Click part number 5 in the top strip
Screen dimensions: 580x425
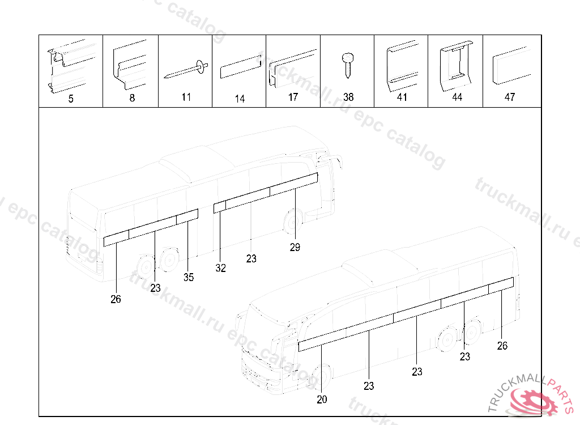[x=71, y=99]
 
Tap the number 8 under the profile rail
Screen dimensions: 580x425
[x=131, y=99]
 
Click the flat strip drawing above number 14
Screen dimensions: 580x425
[x=240, y=69]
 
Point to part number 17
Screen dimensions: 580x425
[x=293, y=97]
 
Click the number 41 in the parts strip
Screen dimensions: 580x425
[x=402, y=97]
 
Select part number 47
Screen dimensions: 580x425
[x=510, y=97]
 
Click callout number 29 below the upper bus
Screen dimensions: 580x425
[x=295, y=247]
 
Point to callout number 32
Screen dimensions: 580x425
[x=221, y=269]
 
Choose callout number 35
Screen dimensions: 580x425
[x=189, y=277]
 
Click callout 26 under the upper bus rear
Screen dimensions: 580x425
[x=116, y=299]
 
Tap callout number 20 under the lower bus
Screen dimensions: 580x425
[x=322, y=399]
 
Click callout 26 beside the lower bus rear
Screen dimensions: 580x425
[x=502, y=346]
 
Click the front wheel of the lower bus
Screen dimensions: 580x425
[x=321, y=377]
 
